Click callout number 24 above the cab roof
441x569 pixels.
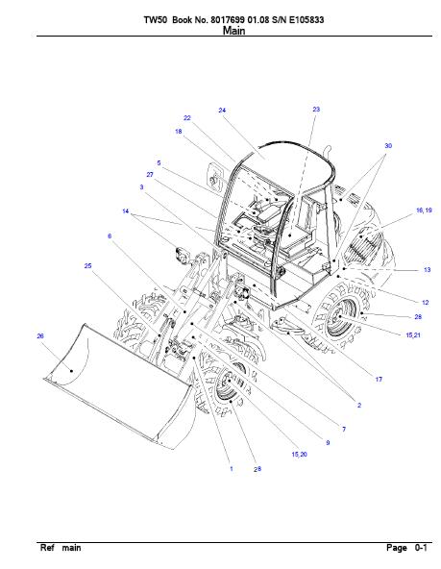(222, 110)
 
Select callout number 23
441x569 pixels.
(316, 109)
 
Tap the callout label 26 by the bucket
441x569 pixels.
(40, 336)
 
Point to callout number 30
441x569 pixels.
(388, 145)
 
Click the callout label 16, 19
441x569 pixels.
(424, 210)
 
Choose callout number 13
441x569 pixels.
(427, 270)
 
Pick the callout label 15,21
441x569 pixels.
(413, 334)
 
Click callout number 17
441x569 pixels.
(379, 380)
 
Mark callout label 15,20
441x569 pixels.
(299, 454)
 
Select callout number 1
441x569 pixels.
(232, 468)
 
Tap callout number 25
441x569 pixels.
(87, 265)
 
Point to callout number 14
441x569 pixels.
(126, 211)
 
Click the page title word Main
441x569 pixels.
(233, 31)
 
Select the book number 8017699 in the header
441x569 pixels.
(229, 19)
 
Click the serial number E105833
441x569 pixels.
(306, 19)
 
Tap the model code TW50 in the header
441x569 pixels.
(156, 19)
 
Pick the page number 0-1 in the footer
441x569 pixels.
(421, 548)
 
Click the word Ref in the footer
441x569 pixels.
(47, 548)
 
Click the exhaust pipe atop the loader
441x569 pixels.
(328, 151)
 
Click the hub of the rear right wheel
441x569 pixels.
(339, 317)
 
